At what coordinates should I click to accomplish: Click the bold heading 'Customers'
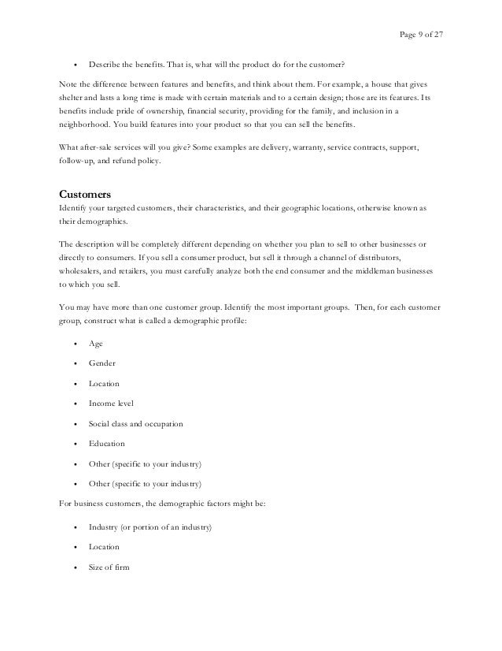tap(86, 194)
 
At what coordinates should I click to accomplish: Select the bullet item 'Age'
tap(96, 343)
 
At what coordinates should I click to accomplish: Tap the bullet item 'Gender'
tap(102, 363)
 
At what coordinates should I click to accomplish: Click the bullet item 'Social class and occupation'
tap(136, 423)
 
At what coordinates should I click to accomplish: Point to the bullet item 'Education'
tap(107, 444)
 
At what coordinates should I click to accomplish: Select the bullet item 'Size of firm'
tap(109, 566)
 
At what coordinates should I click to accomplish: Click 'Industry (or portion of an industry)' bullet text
tap(150, 526)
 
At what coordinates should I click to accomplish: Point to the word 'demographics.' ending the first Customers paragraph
tap(85, 221)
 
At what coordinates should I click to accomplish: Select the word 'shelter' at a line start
tap(72, 97)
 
